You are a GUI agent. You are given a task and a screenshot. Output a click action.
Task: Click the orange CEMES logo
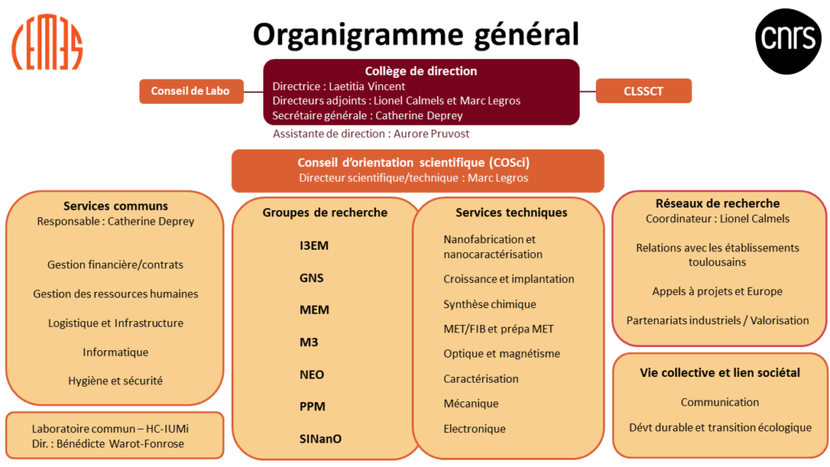pyautogui.click(x=47, y=42)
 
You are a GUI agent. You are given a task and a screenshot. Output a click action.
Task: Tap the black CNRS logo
pyautogui.click(x=788, y=41)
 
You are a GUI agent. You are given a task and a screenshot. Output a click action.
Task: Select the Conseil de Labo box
pyautogui.click(x=191, y=91)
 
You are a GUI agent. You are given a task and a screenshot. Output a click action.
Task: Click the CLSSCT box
pyautogui.click(x=644, y=91)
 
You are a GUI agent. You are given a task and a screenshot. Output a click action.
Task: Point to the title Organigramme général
pyautogui.click(x=416, y=35)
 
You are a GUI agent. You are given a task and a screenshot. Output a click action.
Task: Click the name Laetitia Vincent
pyautogui.click(x=367, y=86)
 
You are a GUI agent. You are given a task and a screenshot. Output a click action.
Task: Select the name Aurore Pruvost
pyautogui.click(x=431, y=134)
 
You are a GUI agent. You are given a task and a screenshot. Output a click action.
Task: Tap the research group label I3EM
pyautogui.click(x=314, y=246)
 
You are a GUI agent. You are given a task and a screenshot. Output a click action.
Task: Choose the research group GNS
pyautogui.click(x=311, y=278)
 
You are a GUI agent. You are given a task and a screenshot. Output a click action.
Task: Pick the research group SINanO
pyautogui.click(x=320, y=439)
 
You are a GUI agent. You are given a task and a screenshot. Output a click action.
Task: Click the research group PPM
pyautogui.click(x=312, y=407)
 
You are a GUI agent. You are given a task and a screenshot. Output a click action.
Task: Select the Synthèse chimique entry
pyautogui.click(x=490, y=305)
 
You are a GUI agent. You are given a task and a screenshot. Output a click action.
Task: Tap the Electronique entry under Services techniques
pyautogui.click(x=474, y=429)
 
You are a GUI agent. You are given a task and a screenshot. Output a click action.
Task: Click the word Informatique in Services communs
pyautogui.click(x=115, y=353)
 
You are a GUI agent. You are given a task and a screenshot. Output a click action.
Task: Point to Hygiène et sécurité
pyautogui.click(x=115, y=381)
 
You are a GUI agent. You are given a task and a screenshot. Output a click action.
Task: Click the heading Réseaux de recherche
pyautogui.click(x=717, y=204)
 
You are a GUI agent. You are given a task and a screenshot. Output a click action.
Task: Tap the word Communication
pyautogui.click(x=720, y=402)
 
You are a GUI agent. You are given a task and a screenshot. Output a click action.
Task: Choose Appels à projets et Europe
pyautogui.click(x=717, y=292)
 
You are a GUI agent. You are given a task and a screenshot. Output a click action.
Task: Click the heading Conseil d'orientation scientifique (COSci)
pyautogui.click(x=413, y=162)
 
